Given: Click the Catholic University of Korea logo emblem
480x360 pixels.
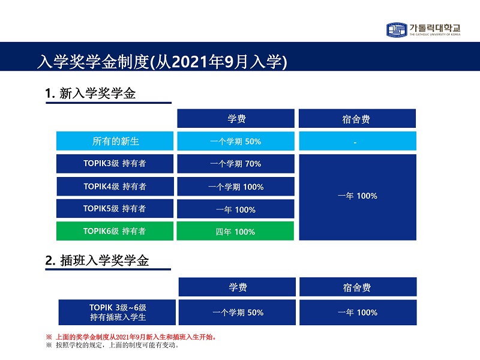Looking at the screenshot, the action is coord(397,29).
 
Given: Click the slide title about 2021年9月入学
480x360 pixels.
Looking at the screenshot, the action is coord(162,62).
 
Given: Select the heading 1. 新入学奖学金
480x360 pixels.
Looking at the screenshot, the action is coord(91,94).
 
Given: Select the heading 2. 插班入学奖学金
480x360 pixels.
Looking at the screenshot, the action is coord(97,260).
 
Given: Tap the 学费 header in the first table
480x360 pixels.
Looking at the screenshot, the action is coord(236,118).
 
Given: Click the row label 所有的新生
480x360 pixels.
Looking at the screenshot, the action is coord(115,141).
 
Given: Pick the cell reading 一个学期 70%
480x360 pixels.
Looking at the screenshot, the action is coord(236,164).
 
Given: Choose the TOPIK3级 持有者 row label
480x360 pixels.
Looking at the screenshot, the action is coord(115,163).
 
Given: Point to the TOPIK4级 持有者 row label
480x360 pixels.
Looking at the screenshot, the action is coord(115,187).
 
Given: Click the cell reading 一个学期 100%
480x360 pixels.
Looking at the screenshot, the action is coord(236,187).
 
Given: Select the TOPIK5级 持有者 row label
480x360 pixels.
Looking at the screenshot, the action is coord(115,208).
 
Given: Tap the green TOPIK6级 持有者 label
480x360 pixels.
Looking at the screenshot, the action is coord(115,231).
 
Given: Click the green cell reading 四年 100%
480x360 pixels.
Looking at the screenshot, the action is coord(235,232).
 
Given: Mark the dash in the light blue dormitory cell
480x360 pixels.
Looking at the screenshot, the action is coord(355,143).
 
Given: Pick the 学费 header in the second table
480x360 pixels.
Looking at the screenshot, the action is coord(237,287).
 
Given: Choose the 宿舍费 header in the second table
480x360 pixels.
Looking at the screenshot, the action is coord(358,287).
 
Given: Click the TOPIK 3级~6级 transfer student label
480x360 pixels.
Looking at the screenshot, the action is coord(117,312).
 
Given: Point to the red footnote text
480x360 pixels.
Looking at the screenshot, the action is coord(131,337).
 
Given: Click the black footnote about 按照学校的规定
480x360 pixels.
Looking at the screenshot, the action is coord(112,346).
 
